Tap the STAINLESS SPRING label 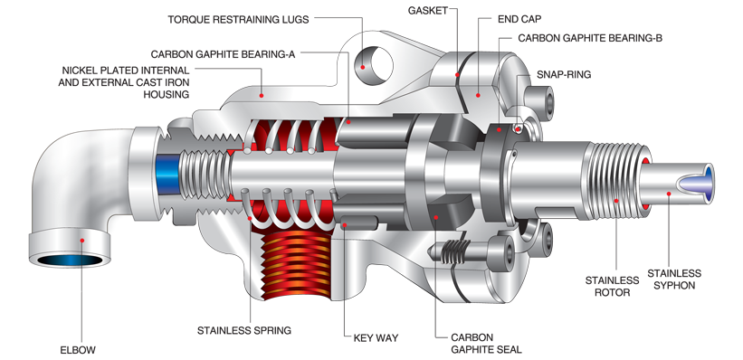[244, 330]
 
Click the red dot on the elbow [81, 240]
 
